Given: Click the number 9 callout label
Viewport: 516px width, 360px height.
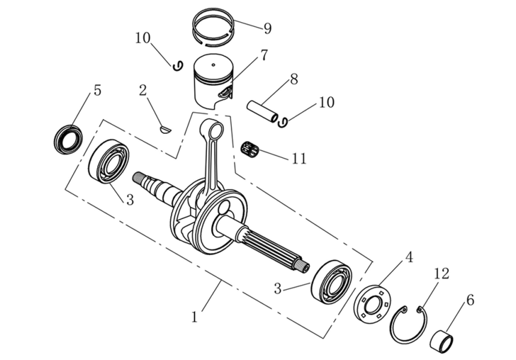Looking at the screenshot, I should [x=267, y=28].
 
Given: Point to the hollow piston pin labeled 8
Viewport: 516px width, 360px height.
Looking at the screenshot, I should [x=263, y=112].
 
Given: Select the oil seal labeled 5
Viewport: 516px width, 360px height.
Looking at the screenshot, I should [x=68, y=139].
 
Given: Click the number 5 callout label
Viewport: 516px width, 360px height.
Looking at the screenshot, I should [x=97, y=91].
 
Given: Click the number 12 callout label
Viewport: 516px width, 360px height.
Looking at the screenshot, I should [x=441, y=274].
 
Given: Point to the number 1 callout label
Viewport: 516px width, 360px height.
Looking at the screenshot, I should [x=194, y=316].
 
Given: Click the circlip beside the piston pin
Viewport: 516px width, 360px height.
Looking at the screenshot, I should [x=283, y=122].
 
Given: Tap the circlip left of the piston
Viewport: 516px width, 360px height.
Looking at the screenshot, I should [x=177, y=66].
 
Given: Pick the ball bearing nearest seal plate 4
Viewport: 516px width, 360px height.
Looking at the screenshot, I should [x=331, y=281].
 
